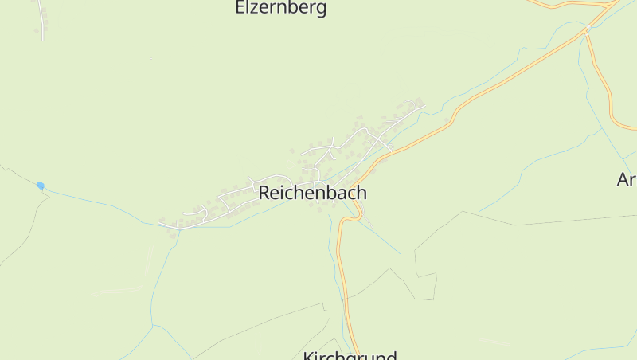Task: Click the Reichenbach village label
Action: [x=312, y=193]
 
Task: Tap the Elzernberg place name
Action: [x=281, y=9]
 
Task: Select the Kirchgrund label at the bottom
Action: [x=350, y=355]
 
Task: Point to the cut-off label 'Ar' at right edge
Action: [x=627, y=180]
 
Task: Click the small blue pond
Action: [x=41, y=186]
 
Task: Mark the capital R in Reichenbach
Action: [x=264, y=193]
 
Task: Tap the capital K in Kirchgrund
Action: [x=308, y=356]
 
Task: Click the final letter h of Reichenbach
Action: [x=361, y=193]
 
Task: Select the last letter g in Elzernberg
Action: [x=322, y=10]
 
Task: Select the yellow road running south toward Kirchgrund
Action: [x=345, y=287]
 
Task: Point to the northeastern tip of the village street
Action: [x=423, y=104]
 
